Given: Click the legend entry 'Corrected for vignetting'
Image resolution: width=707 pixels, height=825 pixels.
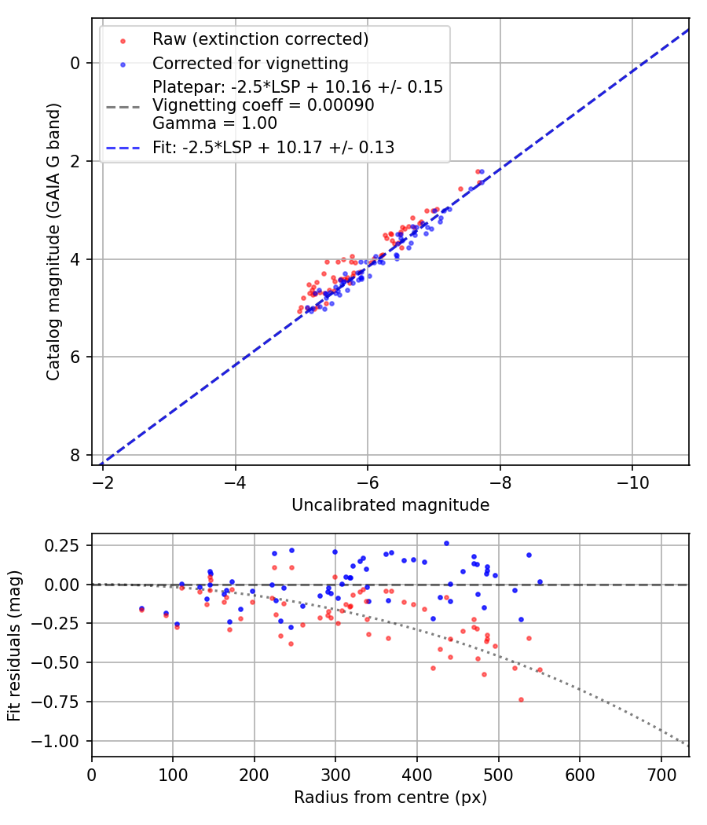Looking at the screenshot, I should click(x=250, y=63).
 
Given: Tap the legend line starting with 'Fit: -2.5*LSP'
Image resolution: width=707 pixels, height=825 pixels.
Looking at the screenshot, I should click(x=273, y=147).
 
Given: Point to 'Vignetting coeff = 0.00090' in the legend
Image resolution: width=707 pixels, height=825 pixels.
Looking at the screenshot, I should click(x=263, y=105).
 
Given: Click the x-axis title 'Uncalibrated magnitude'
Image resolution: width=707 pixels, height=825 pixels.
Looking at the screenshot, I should click(x=390, y=505).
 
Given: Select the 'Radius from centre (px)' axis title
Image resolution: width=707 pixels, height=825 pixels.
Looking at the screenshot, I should click(x=390, y=797).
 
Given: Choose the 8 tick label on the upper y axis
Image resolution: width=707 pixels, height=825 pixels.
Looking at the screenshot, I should click(x=75, y=455).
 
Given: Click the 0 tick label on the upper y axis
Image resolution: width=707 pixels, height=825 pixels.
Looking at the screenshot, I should click(x=75, y=63).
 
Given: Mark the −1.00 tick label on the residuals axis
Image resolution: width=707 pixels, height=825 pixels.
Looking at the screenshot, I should click(x=60, y=741).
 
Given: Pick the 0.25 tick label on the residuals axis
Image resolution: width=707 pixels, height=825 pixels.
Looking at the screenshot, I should click(x=66, y=545).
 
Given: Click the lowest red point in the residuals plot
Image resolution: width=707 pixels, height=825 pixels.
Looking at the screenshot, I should click(x=521, y=699).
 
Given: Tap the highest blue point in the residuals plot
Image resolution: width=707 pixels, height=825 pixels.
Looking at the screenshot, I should click(x=446, y=543).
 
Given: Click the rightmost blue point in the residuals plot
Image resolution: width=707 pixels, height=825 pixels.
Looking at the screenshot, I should click(x=540, y=582).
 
